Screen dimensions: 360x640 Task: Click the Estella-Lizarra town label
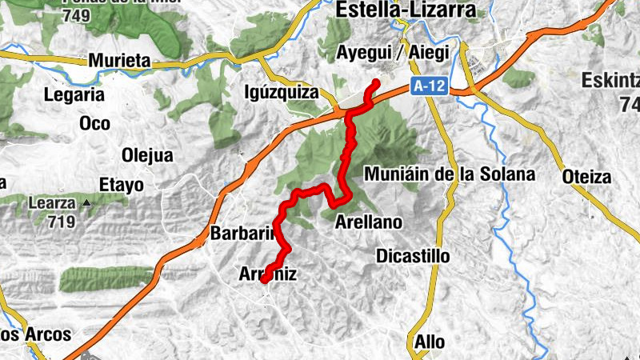pos(406,10)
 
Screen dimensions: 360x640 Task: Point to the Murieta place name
pos(119,60)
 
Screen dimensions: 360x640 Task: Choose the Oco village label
pos(94,123)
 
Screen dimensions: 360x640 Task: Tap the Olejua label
pos(146,155)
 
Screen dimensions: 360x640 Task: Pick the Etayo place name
pos(121,186)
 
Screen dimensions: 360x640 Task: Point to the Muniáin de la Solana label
pos(449,174)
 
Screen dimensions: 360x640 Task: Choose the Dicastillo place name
pos(413,256)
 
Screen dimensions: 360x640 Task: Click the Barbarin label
pos(242,234)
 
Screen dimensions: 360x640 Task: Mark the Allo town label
pos(430,342)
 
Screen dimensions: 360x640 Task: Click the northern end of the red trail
pos(376,82)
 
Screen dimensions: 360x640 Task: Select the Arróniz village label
pos(269,274)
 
